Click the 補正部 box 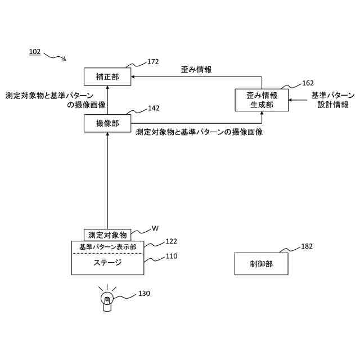[x=107, y=76]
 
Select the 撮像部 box [x=107, y=123]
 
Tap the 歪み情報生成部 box [x=261, y=100]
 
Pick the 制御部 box [x=261, y=264]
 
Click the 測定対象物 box [x=107, y=235]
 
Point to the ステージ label [x=107, y=263]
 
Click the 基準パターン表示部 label [x=107, y=247]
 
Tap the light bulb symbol [x=106, y=300]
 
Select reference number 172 [x=153, y=62]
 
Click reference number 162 [x=308, y=83]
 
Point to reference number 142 [x=154, y=108]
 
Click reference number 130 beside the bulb [x=144, y=293]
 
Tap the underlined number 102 [x=35, y=52]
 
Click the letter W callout [x=155, y=228]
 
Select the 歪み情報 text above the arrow [x=196, y=70]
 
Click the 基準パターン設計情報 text [x=333, y=100]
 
